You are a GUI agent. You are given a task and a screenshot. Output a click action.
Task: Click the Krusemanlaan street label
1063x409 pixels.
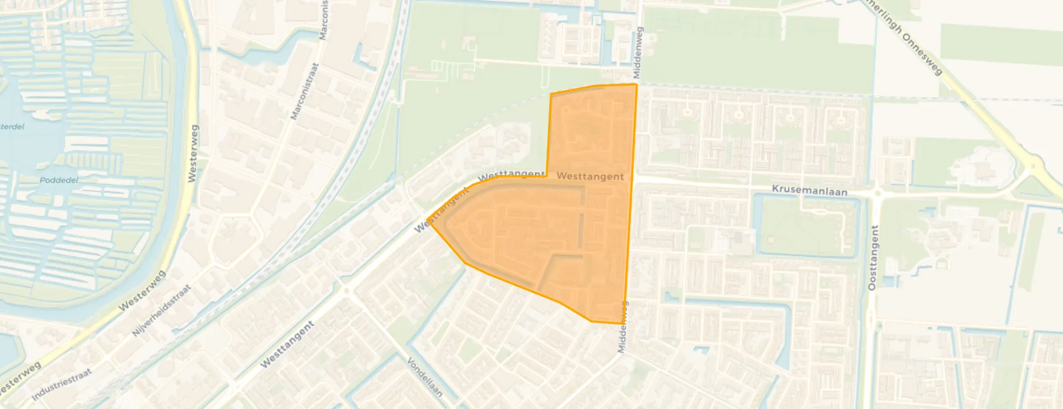pos(809,190)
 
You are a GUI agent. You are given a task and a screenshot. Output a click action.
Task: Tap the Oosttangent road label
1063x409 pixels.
pos(873,258)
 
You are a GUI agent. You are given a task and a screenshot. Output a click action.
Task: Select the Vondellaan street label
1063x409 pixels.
pos(424,377)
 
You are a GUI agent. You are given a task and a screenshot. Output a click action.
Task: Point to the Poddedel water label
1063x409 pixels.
pos(59,180)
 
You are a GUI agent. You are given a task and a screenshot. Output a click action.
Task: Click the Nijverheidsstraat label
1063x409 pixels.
pos(161,310)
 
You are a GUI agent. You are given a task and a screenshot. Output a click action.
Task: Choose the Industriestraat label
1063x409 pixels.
pos(61,384)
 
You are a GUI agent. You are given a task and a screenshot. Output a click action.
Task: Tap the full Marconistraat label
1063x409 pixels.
pos(305,91)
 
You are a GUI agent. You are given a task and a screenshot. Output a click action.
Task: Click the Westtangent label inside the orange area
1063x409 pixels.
pos(590,176)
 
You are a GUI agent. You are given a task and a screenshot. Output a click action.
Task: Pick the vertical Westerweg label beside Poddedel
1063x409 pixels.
pos(192,153)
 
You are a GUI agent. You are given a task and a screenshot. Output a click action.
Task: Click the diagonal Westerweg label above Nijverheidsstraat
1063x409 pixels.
pos(142,290)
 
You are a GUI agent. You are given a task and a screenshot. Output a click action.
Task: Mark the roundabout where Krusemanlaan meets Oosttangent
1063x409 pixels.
pos(877,194)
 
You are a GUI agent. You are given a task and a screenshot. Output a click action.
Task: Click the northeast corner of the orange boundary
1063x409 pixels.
pos(636,84)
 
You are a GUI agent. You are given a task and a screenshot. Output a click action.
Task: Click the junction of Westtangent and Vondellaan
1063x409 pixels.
pos(347,291)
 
